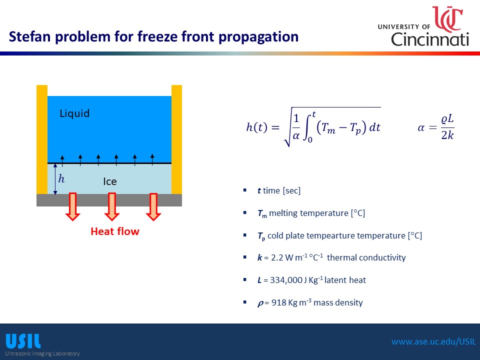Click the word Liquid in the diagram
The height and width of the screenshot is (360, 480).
(x=74, y=113)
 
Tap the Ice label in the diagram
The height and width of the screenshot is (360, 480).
(x=110, y=181)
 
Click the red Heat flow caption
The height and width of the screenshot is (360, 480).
(x=115, y=231)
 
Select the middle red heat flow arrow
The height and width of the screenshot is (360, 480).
(x=111, y=206)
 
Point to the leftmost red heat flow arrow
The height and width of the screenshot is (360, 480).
(x=72, y=206)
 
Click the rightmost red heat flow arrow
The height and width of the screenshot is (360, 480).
(x=153, y=206)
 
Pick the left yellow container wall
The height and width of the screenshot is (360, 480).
(x=42, y=139)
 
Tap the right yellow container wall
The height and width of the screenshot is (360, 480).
(x=176, y=139)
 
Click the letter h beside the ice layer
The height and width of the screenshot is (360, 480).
(x=61, y=178)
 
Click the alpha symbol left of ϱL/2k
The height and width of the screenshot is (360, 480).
(x=421, y=128)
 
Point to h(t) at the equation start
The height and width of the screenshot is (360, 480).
(x=256, y=126)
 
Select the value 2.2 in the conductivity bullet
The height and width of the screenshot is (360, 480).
(x=277, y=258)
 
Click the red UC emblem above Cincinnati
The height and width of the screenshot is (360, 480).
(x=448, y=19)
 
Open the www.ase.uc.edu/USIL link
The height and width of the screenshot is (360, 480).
(x=434, y=341)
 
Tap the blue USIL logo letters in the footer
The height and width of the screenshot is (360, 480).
(x=23, y=341)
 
